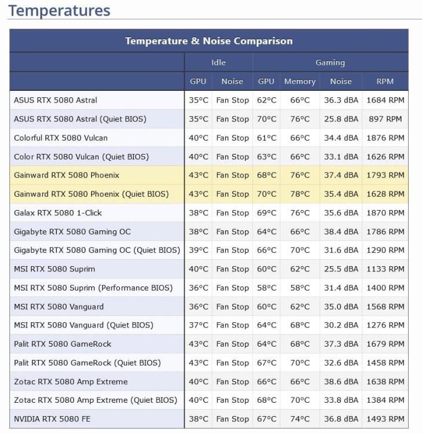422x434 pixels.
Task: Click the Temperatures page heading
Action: point(59,10)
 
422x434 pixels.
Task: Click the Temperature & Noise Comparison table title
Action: point(209,41)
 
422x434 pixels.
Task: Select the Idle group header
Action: point(218,62)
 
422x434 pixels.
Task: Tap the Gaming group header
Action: point(330,62)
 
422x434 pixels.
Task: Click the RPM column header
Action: point(385,82)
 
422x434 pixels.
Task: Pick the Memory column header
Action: point(300,82)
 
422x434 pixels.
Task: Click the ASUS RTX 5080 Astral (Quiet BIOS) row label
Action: point(80,119)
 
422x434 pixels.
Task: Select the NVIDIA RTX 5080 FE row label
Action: point(52,419)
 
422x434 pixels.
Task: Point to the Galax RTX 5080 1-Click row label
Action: point(58,213)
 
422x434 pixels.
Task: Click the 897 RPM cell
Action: point(385,119)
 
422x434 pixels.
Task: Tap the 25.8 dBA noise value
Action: point(341,119)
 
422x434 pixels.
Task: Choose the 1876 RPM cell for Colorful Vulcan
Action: point(385,138)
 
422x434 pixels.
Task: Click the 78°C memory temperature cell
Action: point(300,194)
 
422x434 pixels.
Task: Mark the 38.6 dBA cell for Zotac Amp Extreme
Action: point(341,381)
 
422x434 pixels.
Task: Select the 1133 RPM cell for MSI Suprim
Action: point(385,269)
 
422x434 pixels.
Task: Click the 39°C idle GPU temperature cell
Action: point(199,251)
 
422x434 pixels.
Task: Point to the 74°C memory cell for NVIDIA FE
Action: point(300,419)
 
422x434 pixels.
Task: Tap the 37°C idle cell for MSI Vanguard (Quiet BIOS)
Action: point(199,325)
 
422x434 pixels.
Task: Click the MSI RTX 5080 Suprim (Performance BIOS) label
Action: point(93,288)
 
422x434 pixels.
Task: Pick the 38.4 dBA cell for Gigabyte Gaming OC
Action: point(341,231)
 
